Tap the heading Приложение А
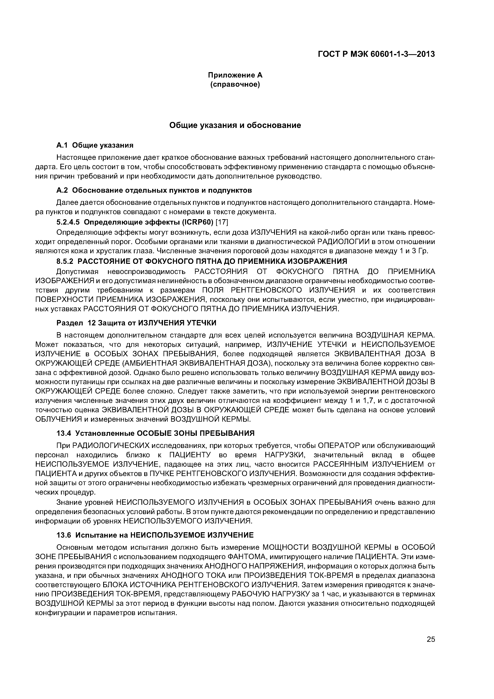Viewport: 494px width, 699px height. point(235,75)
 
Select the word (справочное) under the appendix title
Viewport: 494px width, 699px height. point(235,84)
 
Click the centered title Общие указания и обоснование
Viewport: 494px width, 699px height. point(235,125)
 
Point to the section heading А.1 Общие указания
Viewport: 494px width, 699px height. point(95,145)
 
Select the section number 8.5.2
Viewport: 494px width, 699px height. point(66,261)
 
